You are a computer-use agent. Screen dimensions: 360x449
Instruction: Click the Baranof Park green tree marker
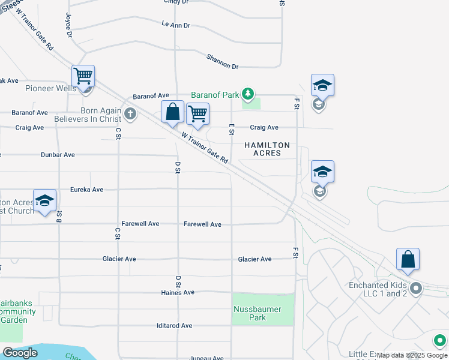[247, 94]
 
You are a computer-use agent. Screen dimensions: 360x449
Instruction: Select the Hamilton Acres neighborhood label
[267, 149]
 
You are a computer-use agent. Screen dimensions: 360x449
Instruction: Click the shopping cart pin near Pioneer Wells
[83, 76]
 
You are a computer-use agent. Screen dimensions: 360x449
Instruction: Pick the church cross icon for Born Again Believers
[130, 113]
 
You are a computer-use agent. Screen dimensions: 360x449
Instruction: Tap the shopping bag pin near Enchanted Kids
[408, 259]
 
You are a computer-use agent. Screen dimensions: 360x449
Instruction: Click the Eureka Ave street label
[87, 190]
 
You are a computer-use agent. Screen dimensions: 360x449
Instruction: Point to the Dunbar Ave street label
[58, 155]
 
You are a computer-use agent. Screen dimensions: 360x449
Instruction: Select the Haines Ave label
[178, 293]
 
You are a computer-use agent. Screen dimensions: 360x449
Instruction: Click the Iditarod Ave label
[174, 326]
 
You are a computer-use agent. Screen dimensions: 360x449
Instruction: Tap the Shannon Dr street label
[222, 61]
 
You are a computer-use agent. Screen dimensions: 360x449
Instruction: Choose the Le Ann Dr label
[176, 25]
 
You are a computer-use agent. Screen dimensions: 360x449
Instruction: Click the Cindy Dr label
[176, 2]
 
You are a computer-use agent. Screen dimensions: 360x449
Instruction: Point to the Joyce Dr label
[69, 26]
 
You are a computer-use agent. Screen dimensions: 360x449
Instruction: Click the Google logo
[20, 353]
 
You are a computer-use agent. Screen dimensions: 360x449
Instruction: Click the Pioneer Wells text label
[50, 88]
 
